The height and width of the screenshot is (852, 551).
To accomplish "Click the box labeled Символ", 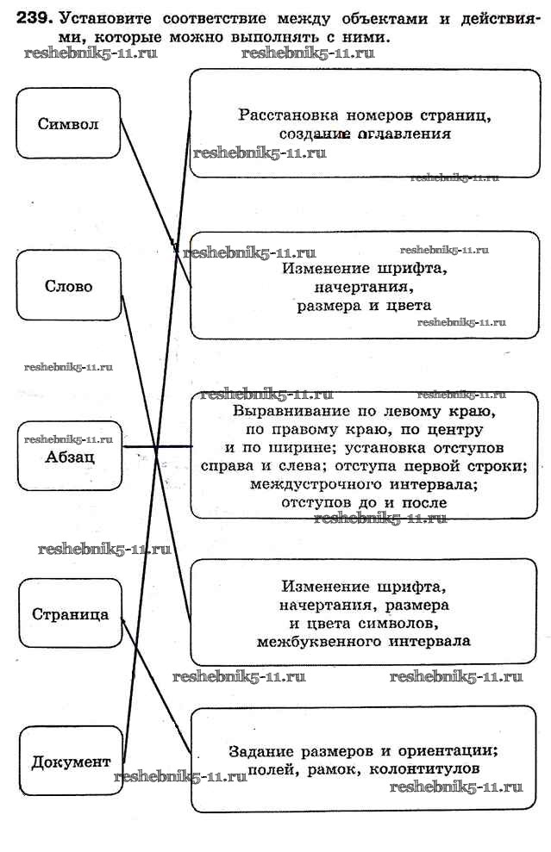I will point(68,123).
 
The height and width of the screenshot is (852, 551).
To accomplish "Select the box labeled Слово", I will point(68,286).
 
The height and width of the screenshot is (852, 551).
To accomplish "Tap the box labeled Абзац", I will point(69,456).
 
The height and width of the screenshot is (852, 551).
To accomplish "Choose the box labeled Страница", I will point(70,613).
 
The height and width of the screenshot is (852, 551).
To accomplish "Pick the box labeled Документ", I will point(71,762).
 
